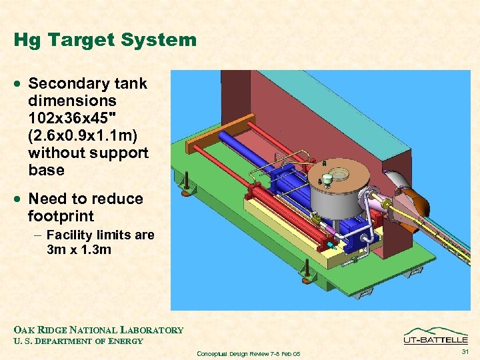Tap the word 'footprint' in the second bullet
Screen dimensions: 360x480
coord(61,216)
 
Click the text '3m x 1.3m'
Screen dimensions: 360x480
coord(79,250)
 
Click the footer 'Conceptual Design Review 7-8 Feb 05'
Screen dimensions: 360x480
coord(249,353)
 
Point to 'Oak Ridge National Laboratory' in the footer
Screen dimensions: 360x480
coord(98,330)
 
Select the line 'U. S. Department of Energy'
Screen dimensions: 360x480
coord(78,341)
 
